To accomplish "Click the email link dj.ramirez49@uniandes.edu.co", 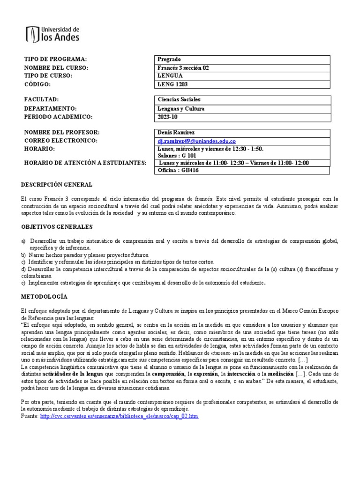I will (x=196, y=141).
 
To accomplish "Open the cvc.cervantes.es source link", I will (x=120, y=416).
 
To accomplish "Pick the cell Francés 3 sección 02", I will (x=184, y=67).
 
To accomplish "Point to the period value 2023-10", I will (x=167, y=117).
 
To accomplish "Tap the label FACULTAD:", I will (x=41, y=100).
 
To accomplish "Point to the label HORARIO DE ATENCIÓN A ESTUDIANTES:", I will (x=85, y=163).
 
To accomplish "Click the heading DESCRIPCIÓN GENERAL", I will (x=57, y=185).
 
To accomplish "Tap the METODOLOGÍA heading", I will (x=45, y=297).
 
